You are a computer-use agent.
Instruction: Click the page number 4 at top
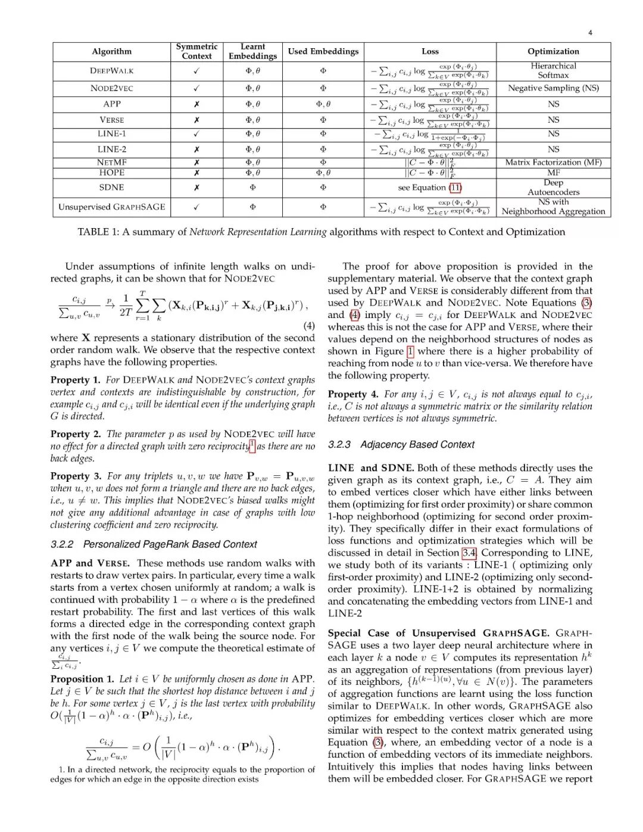click(590, 33)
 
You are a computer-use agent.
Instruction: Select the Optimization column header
click(553, 52)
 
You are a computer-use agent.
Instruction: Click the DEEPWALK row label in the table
click(112, 71)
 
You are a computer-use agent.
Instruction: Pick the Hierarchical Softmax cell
click(553, 71)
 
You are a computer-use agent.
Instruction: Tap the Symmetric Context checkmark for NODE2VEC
click(196, 88)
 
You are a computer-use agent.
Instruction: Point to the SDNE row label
click(112, 188)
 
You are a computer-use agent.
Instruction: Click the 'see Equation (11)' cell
click(430, 188)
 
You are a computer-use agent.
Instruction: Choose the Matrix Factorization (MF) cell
click(553, 163)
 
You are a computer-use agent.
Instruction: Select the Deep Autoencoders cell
click(553, 188)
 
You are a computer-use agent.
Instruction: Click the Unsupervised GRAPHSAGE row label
click(112, 207)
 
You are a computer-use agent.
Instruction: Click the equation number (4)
click(309, 326)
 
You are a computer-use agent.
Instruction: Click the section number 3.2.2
click(62, 544)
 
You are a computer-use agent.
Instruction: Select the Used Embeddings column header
click(323, 52)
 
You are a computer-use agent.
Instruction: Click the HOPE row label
click(112, 173)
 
